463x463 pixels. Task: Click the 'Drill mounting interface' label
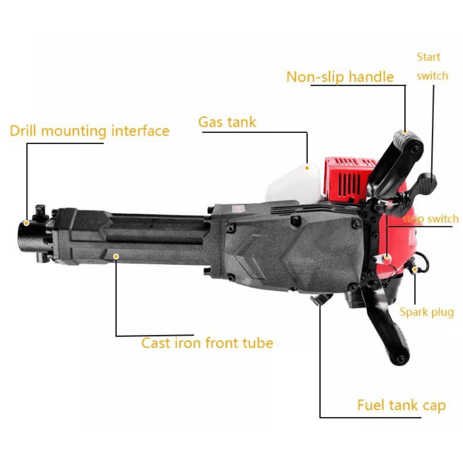click(89, 131)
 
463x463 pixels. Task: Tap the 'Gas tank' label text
click(227, 122)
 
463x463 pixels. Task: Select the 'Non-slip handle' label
click(340, 77)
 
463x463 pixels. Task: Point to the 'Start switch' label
click(432, 66)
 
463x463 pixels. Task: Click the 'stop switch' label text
click(431, 219)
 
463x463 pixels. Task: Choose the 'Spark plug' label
click(427, 313)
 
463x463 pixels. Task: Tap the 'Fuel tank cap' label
click(401, 405)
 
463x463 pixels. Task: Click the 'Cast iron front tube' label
click(207, 343)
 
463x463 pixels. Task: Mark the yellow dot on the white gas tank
click(307, 168)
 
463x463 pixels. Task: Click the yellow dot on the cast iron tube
click(116, 257)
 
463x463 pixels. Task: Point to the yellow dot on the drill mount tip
click(26, 223)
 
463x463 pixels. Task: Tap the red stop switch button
click(387, 260)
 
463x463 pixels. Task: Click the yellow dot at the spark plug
click(415, 269)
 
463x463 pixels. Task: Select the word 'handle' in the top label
click(371, 77)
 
